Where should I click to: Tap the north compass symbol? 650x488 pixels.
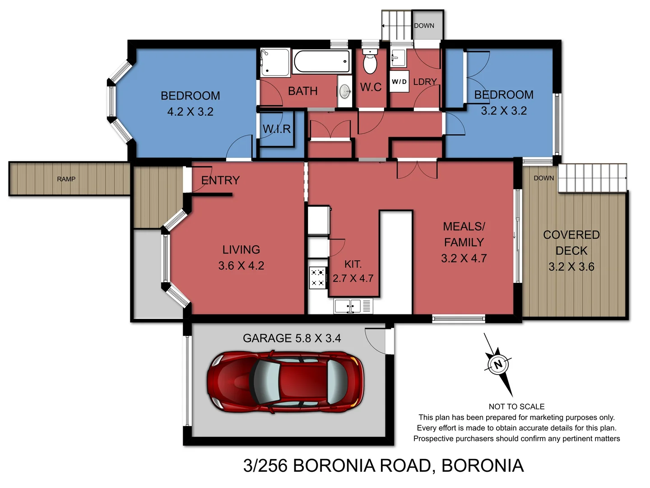click(498, 364)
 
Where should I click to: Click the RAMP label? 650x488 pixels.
click(66, 179)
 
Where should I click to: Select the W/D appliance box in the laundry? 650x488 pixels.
click(399, 82)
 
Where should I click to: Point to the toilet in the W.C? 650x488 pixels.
click(370, 62)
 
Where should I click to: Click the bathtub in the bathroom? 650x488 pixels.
click(321, 61)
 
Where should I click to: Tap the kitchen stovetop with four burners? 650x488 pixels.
click(318, 277)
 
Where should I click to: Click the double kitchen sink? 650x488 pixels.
click(347, 306)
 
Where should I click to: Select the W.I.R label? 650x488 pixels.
click(277, 129)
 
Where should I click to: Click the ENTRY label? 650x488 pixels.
click(220, 180)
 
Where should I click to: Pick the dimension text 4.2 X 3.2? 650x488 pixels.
click(190, 112)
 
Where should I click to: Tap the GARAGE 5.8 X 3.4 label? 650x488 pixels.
click(292, 338)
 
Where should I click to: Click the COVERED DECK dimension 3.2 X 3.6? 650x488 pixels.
click(571, 267)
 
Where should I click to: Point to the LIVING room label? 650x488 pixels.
click(241, 249)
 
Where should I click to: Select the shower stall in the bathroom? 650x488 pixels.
click(275, 62)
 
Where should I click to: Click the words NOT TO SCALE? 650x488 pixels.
click(516, 407)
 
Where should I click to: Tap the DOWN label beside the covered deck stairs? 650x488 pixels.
click(543, 178)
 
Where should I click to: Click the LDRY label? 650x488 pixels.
click(425, 82)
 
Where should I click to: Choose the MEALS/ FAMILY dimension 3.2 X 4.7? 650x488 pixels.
click(464, 258)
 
